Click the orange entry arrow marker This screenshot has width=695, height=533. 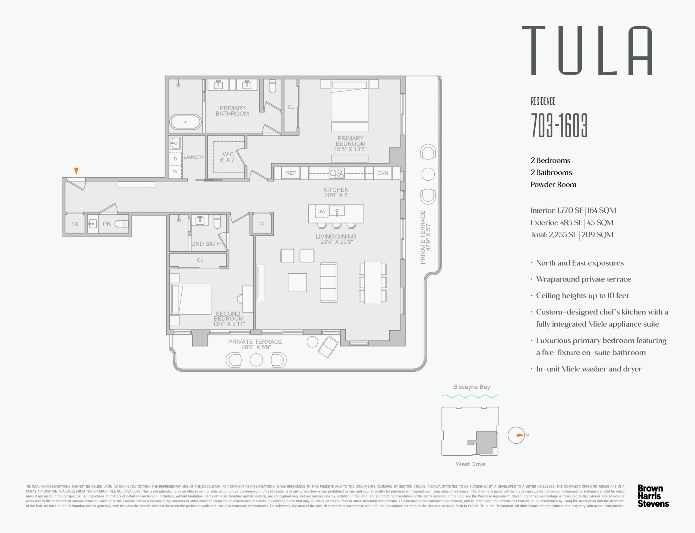pyautogui.click(x=76, y=171)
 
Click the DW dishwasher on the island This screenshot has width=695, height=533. pyautogui.click(x=321, y=212)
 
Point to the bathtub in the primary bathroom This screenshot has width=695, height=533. pyautogui.click(x=185, y=122)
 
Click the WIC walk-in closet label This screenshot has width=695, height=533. pyautogui.click(x=228, y=157)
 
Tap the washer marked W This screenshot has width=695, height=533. pyautogui.click(x=175, y=172)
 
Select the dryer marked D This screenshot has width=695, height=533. pyautogui.click(x=175, y=159)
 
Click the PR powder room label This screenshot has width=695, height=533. pyautogui.click(x=107, y=224)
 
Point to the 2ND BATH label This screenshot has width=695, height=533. pyautogui.click(x=206, y=244)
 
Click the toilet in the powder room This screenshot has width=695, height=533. pyautogui.click(x=122, y=224)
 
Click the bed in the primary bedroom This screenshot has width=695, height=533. pyautogui.click(x=350, y=105)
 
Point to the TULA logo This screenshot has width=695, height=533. pyautogui.click(x=587, y=51)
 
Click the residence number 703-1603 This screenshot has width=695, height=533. pyautogui.click(x=559, y=126)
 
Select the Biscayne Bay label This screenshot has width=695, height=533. pyautogui.click(x=472, y=387)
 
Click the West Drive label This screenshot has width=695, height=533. pyautogui.click(x=470, y=464)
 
